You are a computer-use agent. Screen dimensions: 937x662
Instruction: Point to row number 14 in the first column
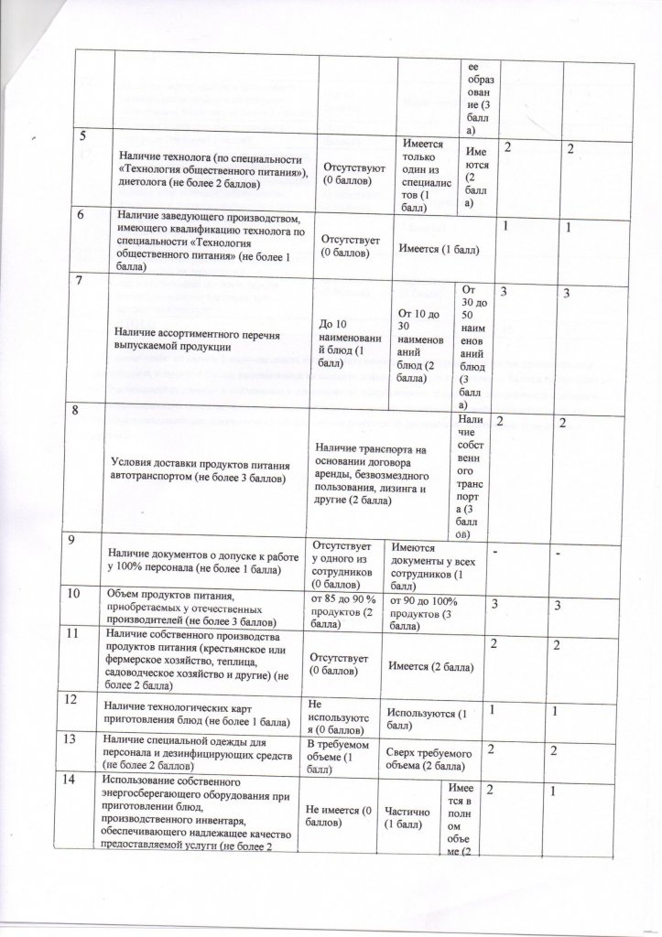83,780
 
